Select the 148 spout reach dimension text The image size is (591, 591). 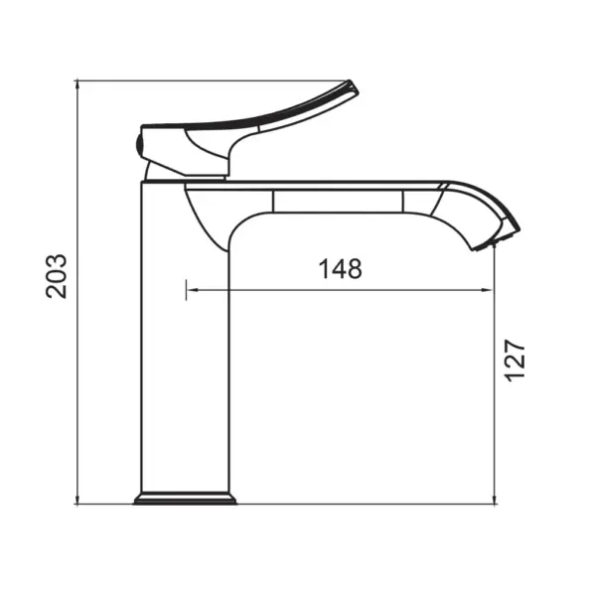point(340,268)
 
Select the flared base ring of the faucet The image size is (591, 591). point(185,497)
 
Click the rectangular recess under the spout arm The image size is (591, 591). point(338,204)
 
